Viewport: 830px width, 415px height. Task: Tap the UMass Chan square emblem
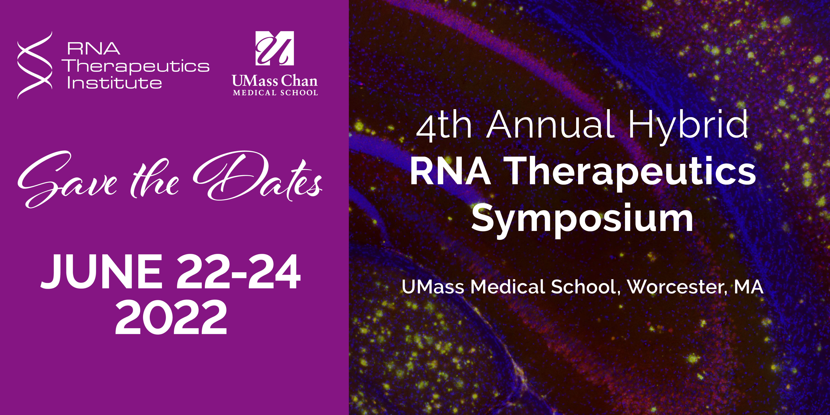[274, 48]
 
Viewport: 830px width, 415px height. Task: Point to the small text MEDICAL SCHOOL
[275, 93]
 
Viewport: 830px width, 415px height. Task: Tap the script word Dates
[258, 177]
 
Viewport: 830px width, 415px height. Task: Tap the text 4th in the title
[445, 126]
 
